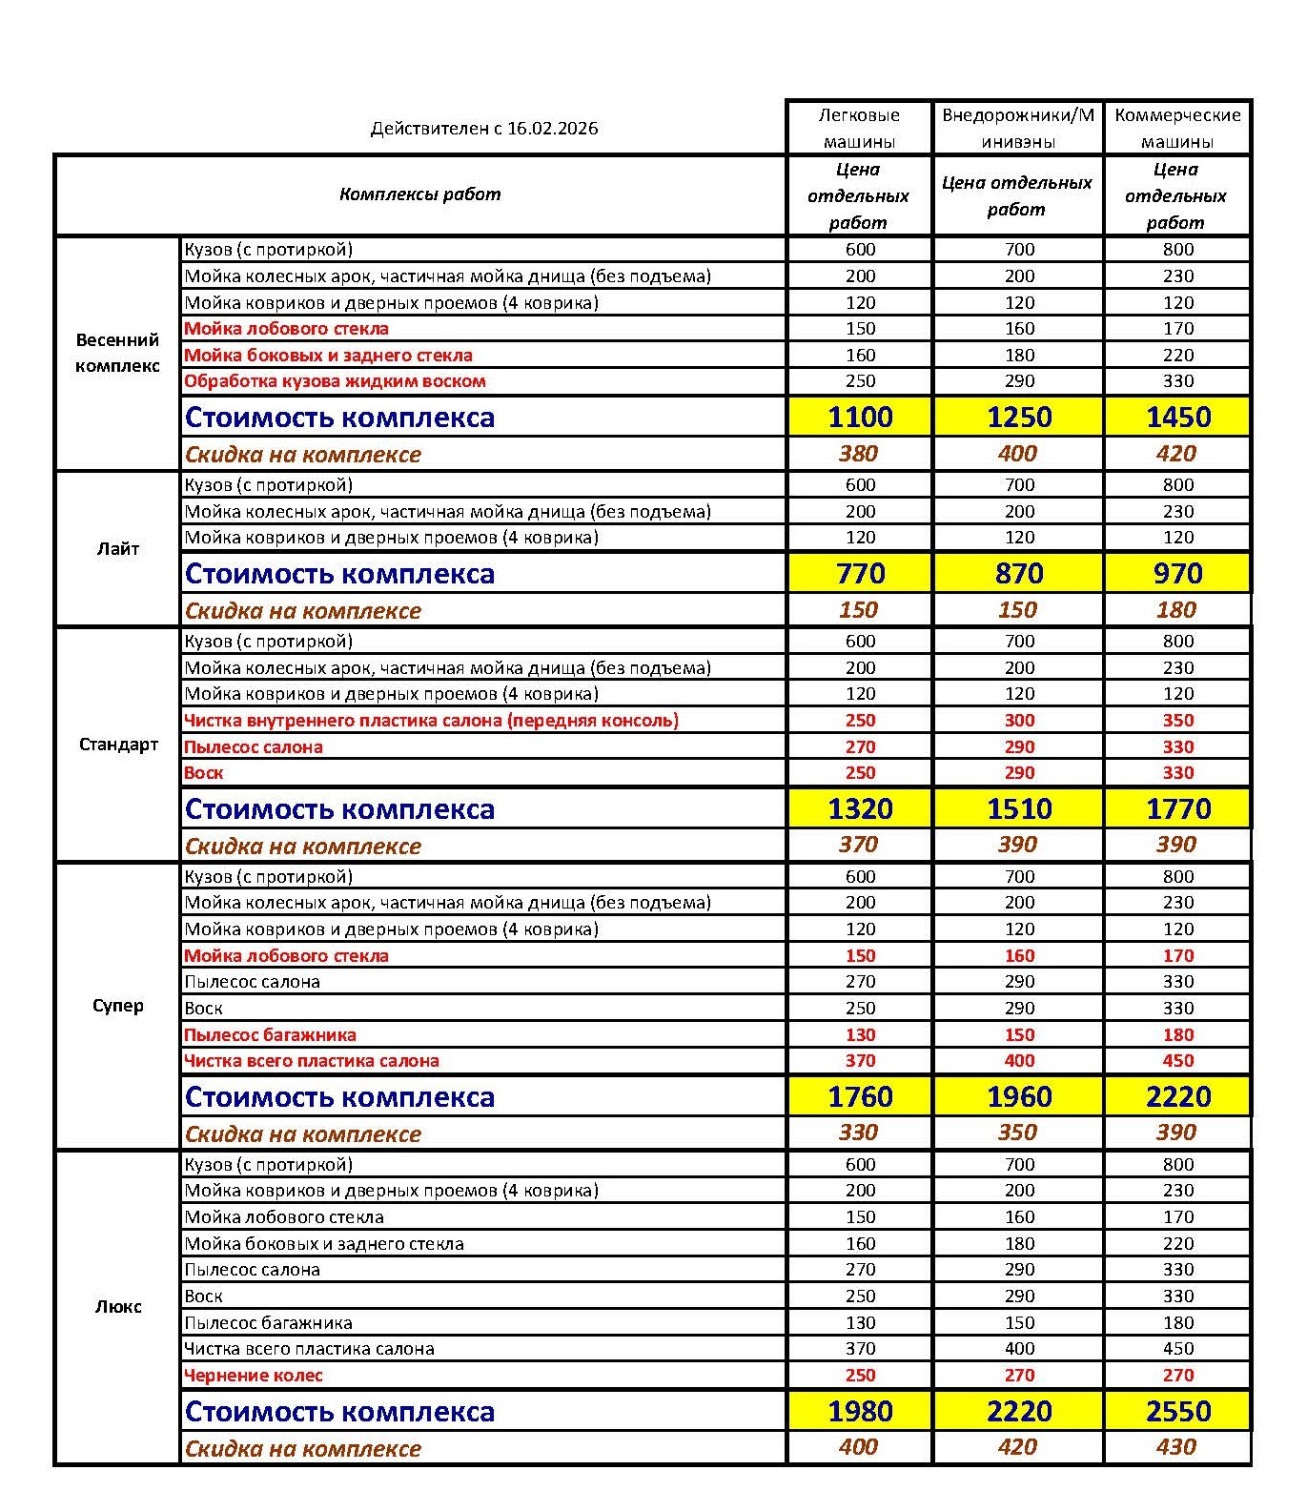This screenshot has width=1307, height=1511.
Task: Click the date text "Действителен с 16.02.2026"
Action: point(484,129)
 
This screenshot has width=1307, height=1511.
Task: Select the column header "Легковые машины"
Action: point(859,128)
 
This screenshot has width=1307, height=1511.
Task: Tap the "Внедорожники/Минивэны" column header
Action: point(1018,128)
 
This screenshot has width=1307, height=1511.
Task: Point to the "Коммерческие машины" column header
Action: point(1177,128)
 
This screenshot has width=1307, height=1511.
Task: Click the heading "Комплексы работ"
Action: point(419,194)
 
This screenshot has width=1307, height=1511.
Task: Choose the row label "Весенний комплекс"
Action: point(117,353)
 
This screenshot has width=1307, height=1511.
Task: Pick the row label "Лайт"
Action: point(117,549)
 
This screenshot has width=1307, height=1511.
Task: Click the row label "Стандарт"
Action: point(117,745)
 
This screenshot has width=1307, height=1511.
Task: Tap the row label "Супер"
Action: point(117,1006)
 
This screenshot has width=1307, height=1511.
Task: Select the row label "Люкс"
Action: point(117,1307)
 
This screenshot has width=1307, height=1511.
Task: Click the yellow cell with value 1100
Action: point(860,418)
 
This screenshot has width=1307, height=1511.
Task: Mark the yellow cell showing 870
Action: point(1019,574)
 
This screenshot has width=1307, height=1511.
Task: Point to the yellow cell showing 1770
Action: point(1178,809)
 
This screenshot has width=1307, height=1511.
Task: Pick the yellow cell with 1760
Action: point(860,1097)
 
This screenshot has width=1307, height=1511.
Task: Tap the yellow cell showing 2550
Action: point(1178,1412)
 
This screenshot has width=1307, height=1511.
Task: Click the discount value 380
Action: point(858,454)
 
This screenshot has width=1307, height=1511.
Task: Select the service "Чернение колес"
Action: point(254,1376)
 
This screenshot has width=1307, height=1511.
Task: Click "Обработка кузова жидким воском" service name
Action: point(335,381)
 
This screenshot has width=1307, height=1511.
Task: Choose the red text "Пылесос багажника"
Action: point(270,1035)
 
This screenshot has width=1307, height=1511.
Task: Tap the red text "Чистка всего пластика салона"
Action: point(312,1061)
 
